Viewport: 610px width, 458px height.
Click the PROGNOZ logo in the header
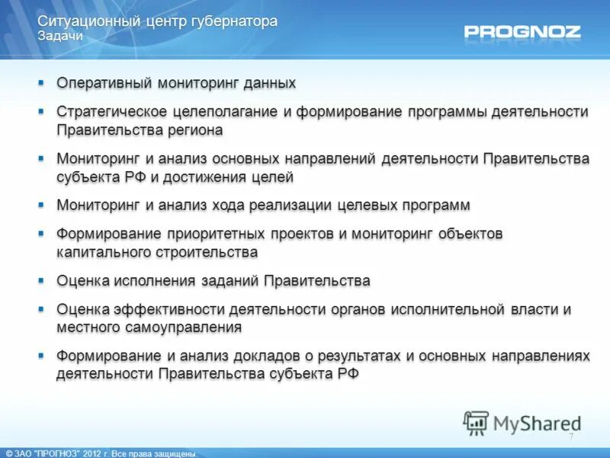(x=522, y=32)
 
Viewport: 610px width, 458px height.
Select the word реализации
(x=281, y=205)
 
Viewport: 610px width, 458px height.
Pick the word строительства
(x=210, y=252)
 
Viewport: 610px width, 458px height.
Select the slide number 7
(x=571, y=437)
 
